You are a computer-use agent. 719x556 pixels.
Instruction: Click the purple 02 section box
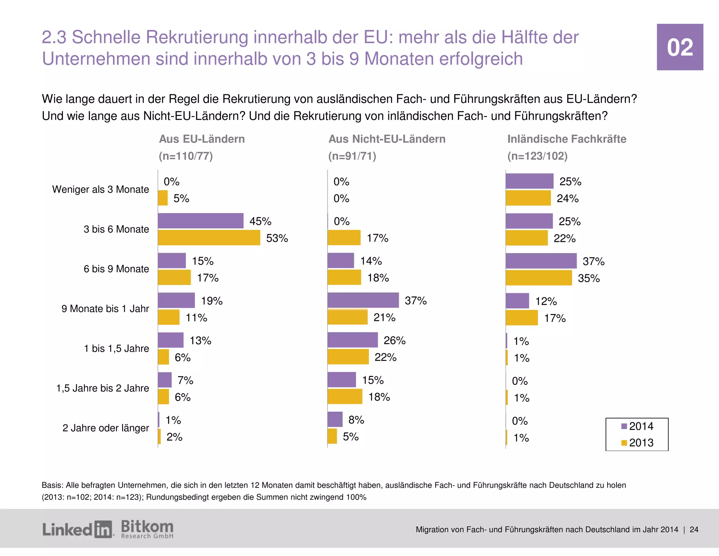(680, 47)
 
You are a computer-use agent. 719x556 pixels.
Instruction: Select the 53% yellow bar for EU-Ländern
(209, 238)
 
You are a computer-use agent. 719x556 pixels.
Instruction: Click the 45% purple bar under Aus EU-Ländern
(200, 221)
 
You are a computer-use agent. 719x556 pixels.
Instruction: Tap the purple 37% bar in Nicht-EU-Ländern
(363, 300)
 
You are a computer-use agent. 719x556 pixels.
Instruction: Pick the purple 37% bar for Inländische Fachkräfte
(541, 261)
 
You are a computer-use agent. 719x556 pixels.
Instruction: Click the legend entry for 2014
(637, 426)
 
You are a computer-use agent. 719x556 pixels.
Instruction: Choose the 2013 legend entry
(637, 443)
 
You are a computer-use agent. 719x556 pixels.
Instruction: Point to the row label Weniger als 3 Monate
(100, 189)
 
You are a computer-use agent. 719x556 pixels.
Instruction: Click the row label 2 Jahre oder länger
(105, 428)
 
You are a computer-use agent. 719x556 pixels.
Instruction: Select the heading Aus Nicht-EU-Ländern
(387, 139)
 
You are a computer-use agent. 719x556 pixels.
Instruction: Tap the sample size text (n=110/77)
(186, 156)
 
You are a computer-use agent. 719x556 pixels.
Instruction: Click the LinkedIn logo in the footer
(78, 529)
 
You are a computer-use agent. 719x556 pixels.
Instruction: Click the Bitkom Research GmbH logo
(147, 529)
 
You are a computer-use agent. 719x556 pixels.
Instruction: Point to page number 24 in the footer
(694, 530)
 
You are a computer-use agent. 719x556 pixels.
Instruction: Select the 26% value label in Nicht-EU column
(394, 341)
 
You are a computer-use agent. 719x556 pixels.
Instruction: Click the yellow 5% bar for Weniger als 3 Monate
(163, 198)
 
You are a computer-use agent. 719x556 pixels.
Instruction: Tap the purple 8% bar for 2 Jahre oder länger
(335, 420)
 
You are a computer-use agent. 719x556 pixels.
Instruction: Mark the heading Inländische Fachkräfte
(566, 139)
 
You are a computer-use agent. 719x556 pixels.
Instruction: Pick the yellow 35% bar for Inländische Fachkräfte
(539, 278)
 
